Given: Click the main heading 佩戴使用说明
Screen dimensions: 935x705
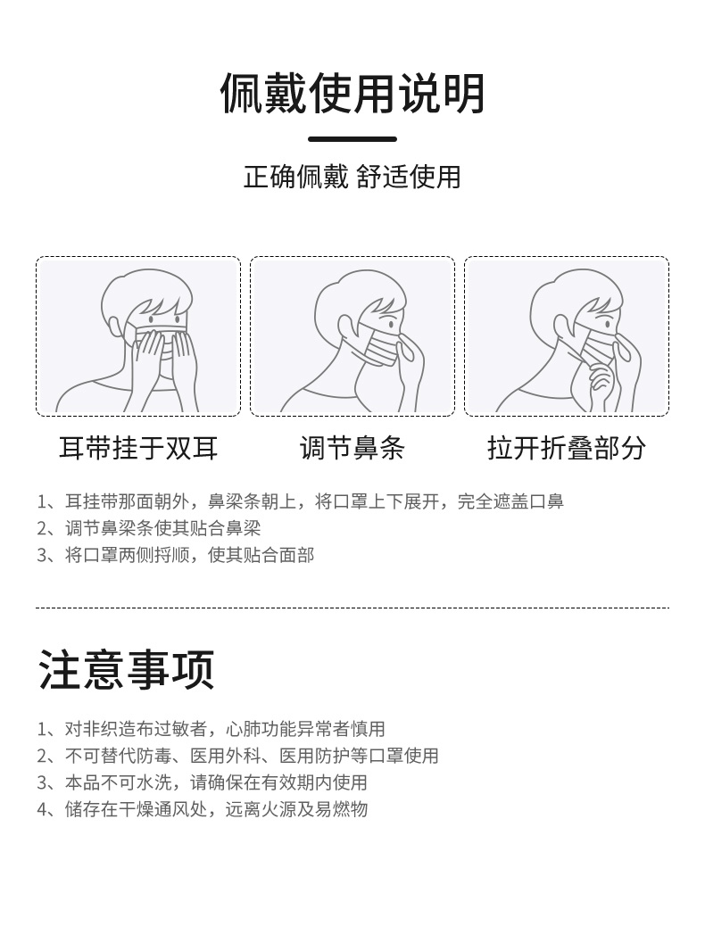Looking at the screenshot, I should tap(352, 95).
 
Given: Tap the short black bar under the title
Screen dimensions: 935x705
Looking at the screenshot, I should tap(352, 139).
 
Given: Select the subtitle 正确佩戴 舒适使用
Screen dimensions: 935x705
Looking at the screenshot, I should tap(352, 177).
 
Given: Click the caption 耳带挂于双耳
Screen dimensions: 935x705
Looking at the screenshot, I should tap(138, 448).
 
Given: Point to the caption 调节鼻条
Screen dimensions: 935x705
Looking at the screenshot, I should tap(352, 448).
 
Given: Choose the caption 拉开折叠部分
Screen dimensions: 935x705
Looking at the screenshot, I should tap(567, 448).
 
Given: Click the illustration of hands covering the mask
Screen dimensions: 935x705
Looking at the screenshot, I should tap(138, 336).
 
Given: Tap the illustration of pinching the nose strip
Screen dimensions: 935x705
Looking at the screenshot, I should tap(352, 336).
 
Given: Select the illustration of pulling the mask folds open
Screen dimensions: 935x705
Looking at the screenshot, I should tap(567, 336).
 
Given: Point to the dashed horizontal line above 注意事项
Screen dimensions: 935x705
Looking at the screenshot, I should tap(352, 608).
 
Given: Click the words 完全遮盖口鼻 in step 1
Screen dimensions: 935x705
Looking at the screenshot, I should tap(510, 501).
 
